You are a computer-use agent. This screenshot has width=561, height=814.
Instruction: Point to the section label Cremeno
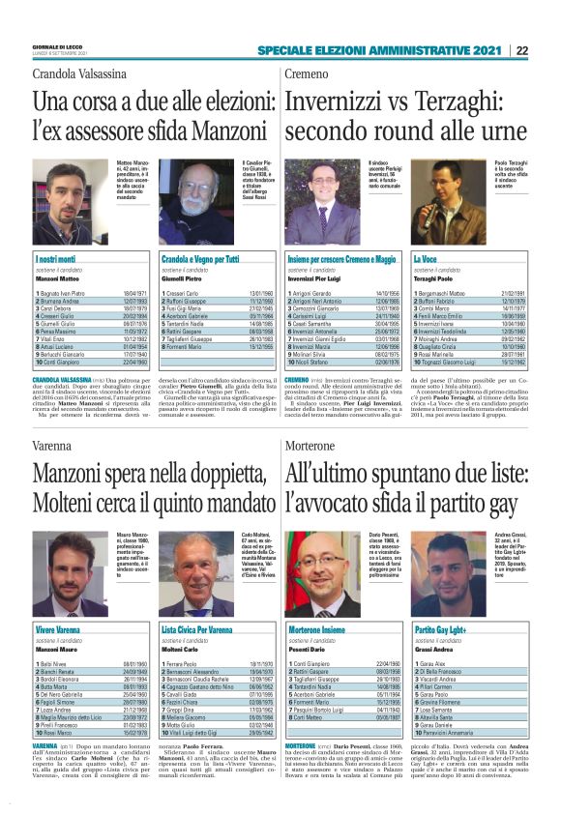coord(309,74)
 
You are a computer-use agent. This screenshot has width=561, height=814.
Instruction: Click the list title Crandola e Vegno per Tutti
coord(200,260)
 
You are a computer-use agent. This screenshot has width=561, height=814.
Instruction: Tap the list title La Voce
coord(427,260)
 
